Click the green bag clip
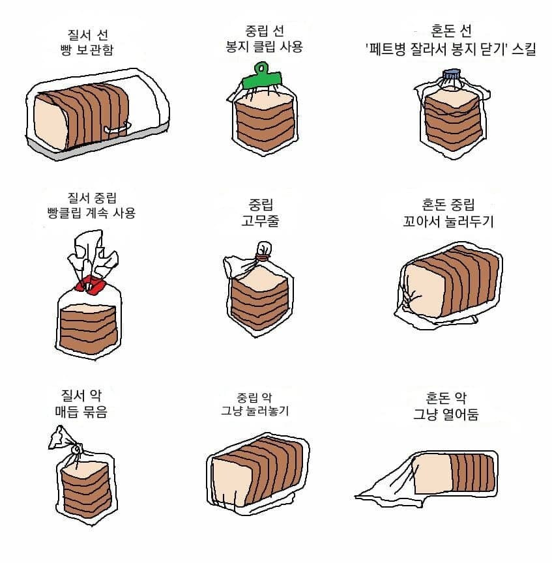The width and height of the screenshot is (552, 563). (x=261, y=78)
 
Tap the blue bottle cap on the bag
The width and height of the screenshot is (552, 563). (x=452, y=76)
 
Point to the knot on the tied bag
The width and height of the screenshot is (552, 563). (x=76, y=449)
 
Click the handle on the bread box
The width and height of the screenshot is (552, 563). (x=118, y=130)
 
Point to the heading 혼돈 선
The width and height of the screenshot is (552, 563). (x=451, y=31)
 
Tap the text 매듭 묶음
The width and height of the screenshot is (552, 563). (x=81, y=411)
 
